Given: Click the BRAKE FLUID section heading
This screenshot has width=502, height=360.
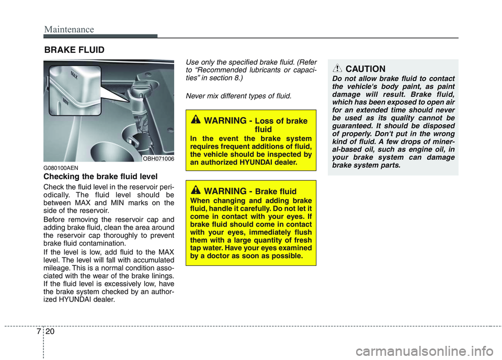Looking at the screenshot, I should click(74, 50).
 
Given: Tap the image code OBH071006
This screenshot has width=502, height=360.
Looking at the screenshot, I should click(158, 158).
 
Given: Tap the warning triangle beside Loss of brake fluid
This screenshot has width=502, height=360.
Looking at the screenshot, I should click(197, 120).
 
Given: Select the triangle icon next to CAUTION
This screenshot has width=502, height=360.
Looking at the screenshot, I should click(338, 68).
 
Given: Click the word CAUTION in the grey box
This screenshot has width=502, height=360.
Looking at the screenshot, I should click(366, 68).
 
